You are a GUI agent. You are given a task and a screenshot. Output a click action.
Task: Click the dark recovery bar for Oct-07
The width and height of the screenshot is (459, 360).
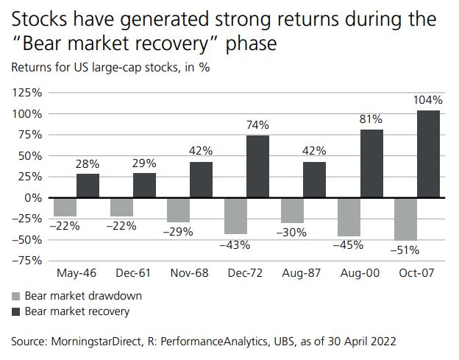click(x=428, y=154)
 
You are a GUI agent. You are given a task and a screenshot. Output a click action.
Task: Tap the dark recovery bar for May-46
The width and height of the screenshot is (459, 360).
click(x=88, y=186)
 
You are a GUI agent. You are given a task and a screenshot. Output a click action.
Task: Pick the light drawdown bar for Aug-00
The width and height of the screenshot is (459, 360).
click(x=348, y=216)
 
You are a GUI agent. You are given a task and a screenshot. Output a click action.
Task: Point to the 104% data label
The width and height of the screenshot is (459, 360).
click(x=428, y=100)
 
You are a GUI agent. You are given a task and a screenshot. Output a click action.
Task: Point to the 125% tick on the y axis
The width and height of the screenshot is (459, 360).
click(x=26, y=93)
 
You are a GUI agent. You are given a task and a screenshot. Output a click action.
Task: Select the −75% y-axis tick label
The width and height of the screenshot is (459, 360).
click(x=26, y=261)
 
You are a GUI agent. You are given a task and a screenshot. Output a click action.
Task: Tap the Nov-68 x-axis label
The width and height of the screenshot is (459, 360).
click(x=190, y=272)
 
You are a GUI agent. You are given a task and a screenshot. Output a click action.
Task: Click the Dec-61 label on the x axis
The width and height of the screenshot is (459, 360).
click(x=133, y=272)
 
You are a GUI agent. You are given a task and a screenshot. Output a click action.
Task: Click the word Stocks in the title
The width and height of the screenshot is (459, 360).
click(x=36, y=20)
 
